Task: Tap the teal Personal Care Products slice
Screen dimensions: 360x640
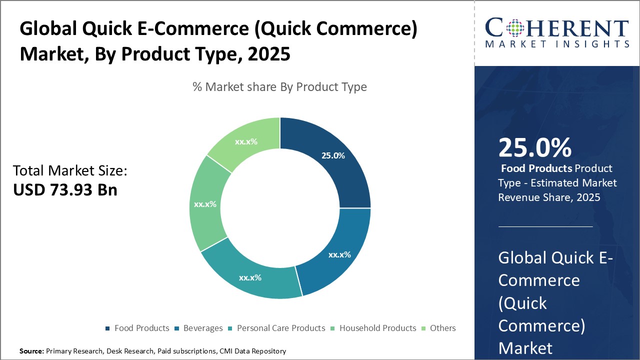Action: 250,275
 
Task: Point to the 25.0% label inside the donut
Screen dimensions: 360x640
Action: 333,155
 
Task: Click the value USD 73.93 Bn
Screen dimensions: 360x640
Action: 65,189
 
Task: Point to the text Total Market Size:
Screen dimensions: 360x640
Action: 70,171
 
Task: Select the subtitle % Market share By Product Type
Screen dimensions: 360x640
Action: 279,87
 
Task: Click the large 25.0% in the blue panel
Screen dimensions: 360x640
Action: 534,147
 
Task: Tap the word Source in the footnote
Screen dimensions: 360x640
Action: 31,351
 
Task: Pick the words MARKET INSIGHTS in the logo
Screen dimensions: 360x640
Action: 556,44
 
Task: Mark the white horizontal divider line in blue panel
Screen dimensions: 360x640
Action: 545,226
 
